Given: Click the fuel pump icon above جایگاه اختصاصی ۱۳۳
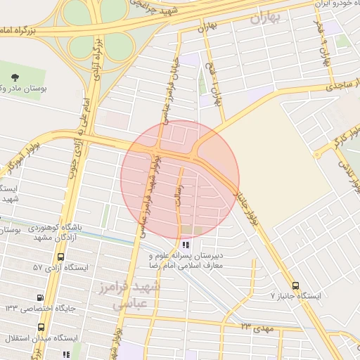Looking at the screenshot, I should coord(40,297).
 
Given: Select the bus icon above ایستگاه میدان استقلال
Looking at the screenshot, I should coord(41,327).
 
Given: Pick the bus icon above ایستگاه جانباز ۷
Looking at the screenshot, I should coord(295,286).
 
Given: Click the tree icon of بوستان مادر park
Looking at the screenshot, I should coord(16,75).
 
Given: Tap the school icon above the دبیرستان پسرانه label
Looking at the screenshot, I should coord(186,245).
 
